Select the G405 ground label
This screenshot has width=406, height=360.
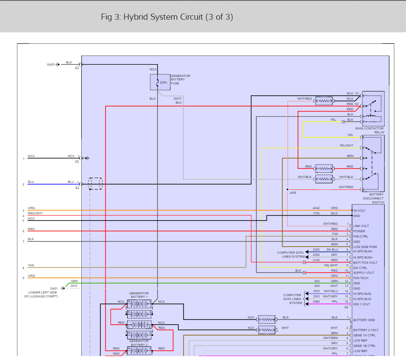coord(51,64)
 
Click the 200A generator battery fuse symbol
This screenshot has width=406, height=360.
coord(157,82)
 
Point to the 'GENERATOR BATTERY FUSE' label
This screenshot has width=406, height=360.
coord(180,80)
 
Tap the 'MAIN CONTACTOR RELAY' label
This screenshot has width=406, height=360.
coord(370,130)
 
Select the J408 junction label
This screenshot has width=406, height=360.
coord(292,192)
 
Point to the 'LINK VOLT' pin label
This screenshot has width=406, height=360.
coord(361,226)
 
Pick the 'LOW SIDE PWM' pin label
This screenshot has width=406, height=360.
coord(365,247)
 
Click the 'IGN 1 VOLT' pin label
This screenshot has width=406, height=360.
coord(362,304)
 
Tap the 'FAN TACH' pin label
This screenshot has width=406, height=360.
coord(361,278)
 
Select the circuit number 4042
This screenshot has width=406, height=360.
coord(316,208)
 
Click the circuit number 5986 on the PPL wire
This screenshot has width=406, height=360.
coord(316,301)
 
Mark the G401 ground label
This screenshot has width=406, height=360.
coord(54,288)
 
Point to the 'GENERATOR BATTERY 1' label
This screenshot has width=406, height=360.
coord(139,295)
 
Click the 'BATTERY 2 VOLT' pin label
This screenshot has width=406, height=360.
coord(366,330)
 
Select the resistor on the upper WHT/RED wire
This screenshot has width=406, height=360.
coord(324,101)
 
